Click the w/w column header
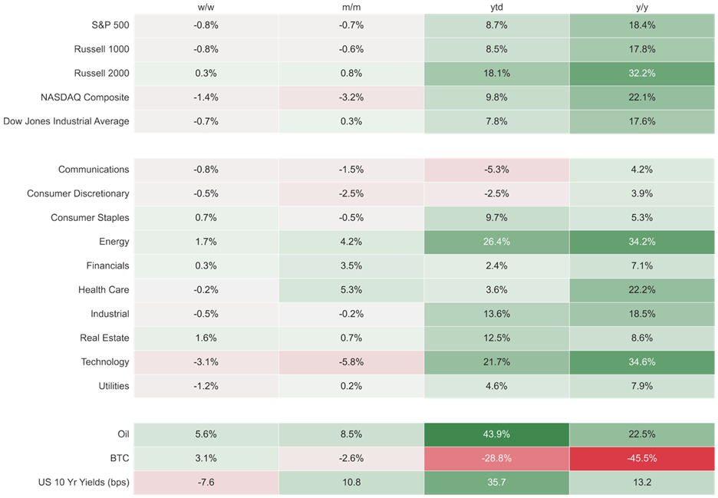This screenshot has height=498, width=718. point(206,8)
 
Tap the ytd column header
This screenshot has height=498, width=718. point(496,8)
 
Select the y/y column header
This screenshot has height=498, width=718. point(642,8)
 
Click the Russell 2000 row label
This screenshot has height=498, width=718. point(102,74)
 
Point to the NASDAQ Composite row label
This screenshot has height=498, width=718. point(84,97)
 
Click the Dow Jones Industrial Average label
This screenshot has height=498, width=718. point(66,121)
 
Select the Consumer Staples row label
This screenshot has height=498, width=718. point(90,218)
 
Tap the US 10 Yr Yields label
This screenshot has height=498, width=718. point(84,483)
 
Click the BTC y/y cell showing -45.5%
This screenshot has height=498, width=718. point(642,458)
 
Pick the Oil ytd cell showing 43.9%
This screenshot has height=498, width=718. point(496,434)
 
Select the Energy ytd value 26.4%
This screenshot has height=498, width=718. point(496,242)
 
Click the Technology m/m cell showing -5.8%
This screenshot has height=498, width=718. point(351,362)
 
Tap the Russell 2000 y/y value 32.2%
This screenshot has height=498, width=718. point(642,74)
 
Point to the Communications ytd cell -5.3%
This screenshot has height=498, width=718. point(496,170)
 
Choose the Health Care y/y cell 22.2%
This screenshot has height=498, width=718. point(642,290)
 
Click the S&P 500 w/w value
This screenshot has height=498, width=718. point(206,25)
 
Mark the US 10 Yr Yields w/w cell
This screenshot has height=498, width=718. point(206,483)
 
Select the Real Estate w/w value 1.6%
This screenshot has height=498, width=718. point(206,338)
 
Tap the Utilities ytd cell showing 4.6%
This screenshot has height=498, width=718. point(496,386)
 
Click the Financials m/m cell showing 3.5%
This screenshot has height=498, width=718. point(351,265)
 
